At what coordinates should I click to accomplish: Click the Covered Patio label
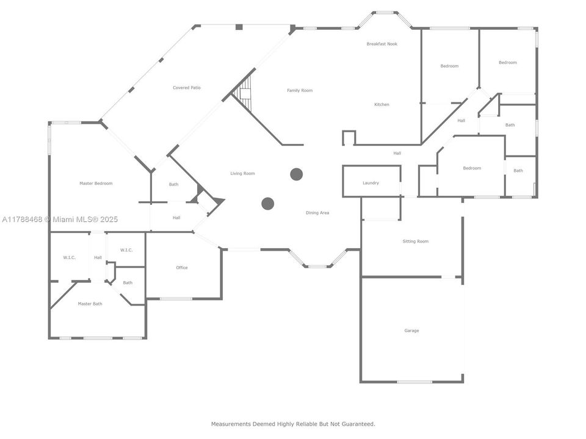coord(187,88)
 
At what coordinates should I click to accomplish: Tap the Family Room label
coord(300,90)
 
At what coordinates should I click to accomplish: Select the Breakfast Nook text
coord(382,44)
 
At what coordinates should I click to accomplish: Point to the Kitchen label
coord(382,104)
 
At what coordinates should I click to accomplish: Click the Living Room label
coord(242,173)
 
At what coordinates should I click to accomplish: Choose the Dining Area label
coord(317,213)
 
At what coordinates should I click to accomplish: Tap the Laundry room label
coord(371,183)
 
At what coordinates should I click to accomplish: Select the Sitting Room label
coord(415,241)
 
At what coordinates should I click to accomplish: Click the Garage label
coord(411,330)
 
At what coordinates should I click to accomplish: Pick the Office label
coord(182,268)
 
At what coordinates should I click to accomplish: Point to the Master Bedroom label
coord(96,184)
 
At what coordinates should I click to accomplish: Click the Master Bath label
coord(90,304)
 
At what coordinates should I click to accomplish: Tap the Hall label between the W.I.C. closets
coord(98,257)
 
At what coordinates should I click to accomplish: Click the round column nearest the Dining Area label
coord(297,174)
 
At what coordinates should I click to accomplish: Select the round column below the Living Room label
coord(267,204)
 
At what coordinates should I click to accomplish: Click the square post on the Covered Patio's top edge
coord(239,27)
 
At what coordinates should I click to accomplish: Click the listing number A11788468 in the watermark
coord(22,220)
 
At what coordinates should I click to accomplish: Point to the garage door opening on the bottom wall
coord(414,382)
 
